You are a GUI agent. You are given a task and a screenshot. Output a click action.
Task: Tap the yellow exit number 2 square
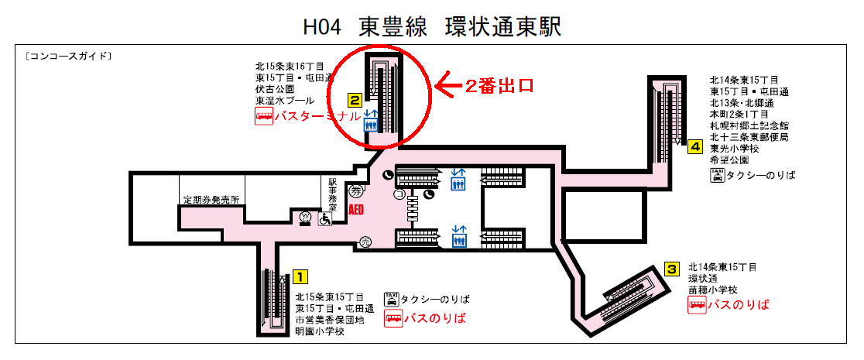pos(354,100)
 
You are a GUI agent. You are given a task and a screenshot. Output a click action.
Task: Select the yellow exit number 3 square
pos(672,269)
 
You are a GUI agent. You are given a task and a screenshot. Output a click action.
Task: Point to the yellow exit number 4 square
pos(695,146)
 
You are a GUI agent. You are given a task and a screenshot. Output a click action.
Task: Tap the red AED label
pos(357,210)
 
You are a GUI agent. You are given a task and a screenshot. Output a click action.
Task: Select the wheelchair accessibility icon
pos(324,220)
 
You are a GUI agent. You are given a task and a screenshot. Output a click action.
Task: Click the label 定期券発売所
pos(211,200)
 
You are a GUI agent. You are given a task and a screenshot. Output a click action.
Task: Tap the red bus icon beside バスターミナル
pos(264,117)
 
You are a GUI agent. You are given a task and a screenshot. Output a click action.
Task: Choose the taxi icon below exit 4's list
pos(717,175)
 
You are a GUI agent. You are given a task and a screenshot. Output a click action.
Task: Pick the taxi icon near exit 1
pos(392,299)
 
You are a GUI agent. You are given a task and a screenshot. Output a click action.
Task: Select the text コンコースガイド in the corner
pos(68,57)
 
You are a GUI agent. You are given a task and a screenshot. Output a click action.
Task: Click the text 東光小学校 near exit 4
pos(738,149)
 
